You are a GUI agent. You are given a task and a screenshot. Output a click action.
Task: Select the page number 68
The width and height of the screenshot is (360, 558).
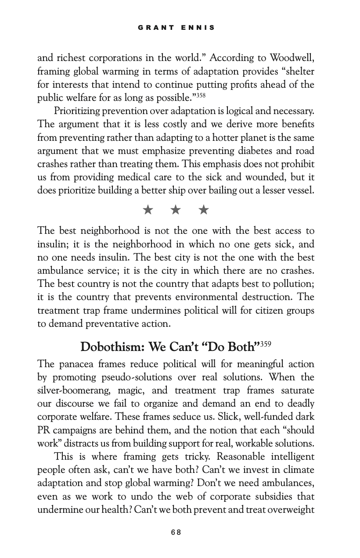coord(176,532)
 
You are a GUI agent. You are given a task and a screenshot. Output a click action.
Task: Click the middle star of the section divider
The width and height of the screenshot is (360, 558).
coord(176,210)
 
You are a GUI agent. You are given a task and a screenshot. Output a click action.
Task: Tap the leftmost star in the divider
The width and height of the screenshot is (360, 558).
coord(148,210)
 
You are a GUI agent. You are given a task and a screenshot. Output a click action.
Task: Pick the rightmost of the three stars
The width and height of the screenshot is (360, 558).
coord(203,210)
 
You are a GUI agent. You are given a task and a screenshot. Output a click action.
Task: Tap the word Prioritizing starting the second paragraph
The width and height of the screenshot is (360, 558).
coord(79,111)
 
